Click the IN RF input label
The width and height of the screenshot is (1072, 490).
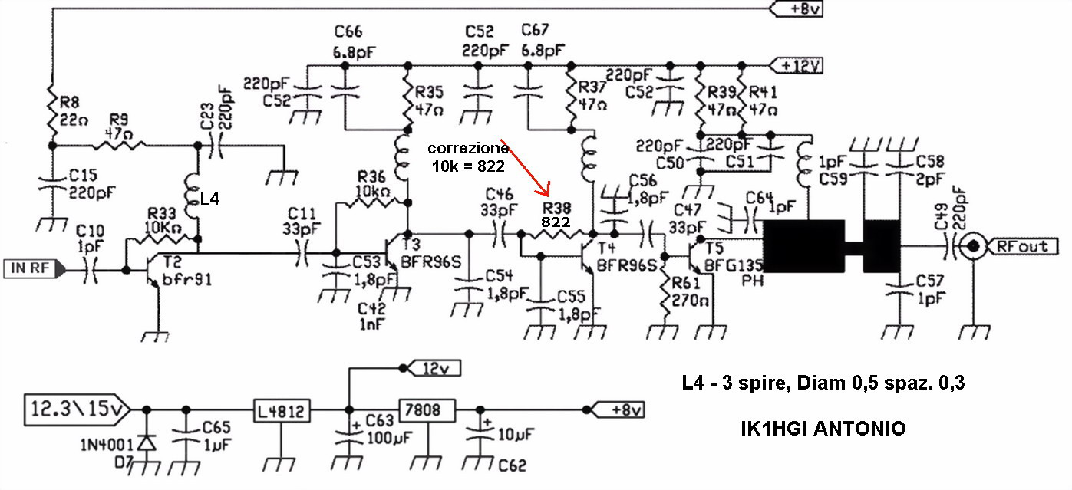pyautogui.click(x=31, y=269)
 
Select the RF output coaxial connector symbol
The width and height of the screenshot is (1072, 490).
pyautogui.click(x=974, y=247)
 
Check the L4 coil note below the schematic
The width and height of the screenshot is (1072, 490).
pyautogui.click(x=823, y=383)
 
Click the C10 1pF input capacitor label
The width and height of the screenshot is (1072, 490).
pyautogui.click(x=90, y=238)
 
